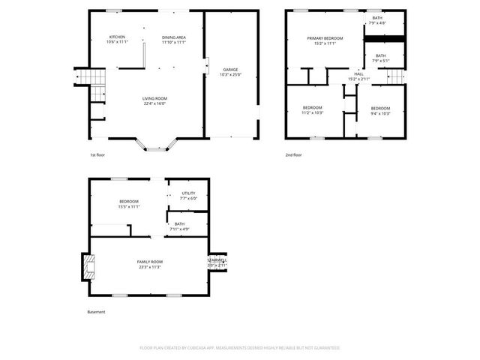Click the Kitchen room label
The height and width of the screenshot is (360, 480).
[x=117, y=40]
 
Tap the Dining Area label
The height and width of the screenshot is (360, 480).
[x=174, y=40]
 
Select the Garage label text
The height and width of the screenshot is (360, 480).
[x=229, y=73]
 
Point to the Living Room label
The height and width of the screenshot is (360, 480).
[x=154, y=101]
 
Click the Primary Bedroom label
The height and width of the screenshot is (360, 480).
[x=325, y=40]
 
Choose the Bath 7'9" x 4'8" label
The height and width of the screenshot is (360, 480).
[x=377, y=21]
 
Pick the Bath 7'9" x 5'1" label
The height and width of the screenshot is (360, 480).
[x=381, y=58]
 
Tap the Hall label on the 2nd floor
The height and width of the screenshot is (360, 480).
[x=358, y=76]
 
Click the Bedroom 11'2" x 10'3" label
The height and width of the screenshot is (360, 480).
[x=312, y=110]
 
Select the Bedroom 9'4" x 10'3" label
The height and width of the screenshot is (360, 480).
[x=381, y=110]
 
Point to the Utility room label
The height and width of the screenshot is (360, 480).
[x=188, y=196]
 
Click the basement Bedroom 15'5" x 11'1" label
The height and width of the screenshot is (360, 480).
[x=129, y=204]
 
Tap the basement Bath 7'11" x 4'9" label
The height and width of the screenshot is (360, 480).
[x=180, y=226]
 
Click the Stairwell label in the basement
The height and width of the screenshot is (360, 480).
[x=217, y=263]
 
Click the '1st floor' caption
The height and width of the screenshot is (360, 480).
[x=97, y=155]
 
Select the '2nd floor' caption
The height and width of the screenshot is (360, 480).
[x=293, y=155]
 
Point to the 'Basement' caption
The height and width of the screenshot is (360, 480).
[x=97, y=312]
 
